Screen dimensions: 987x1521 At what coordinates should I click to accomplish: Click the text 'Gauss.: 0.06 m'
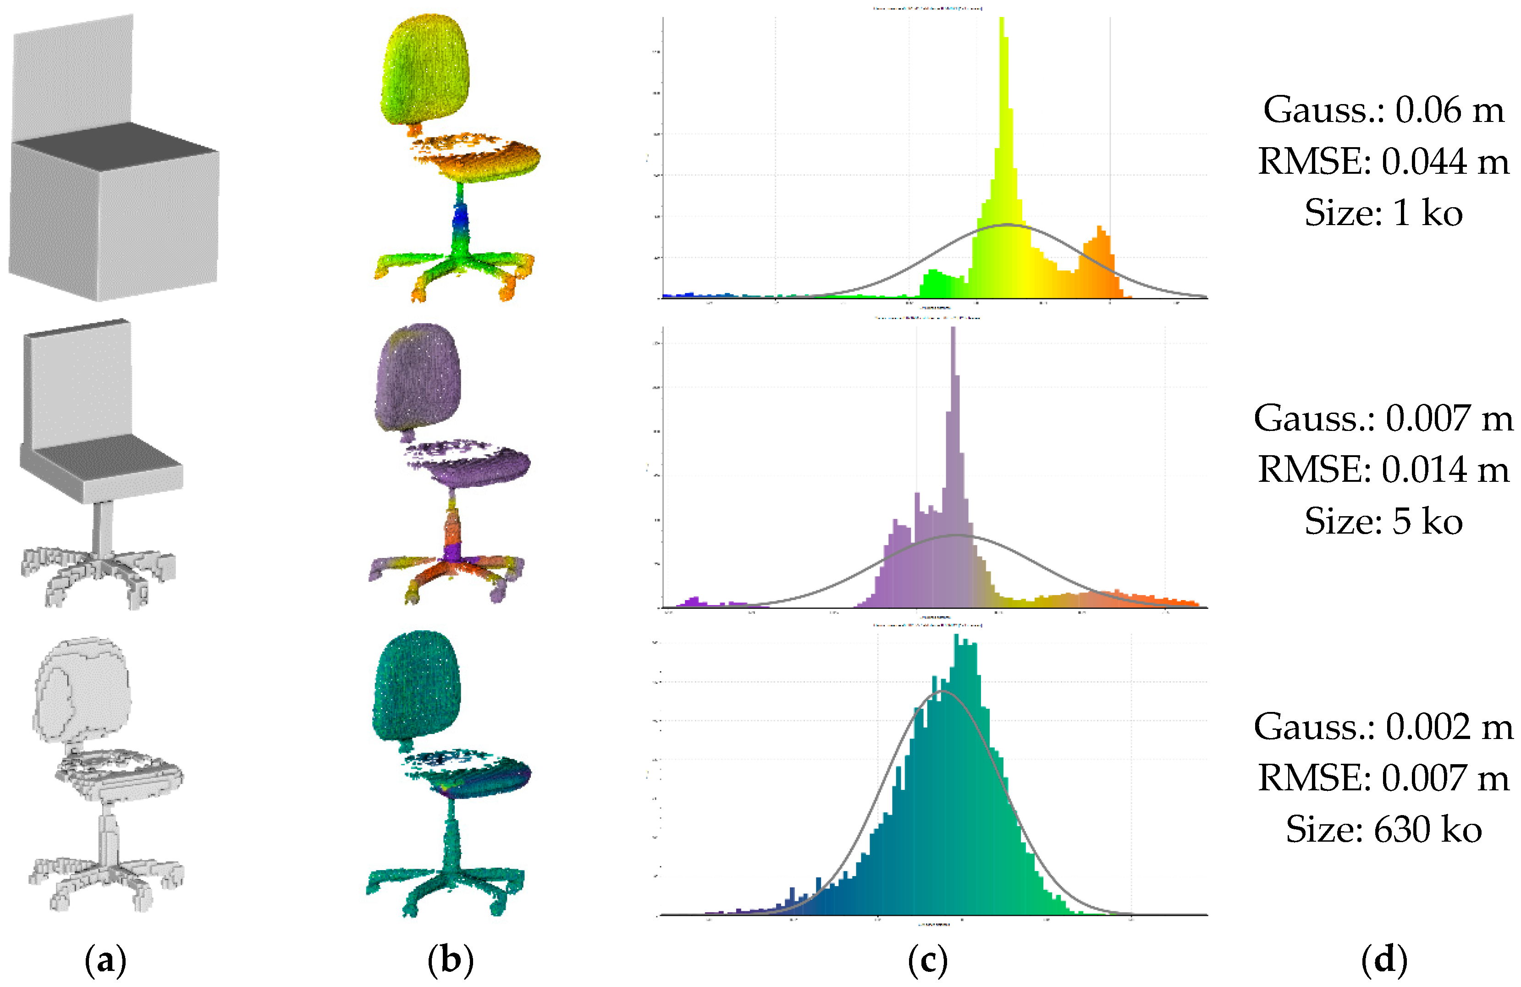coord(1383,110)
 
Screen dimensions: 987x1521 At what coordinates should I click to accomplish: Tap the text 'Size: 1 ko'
coord(1383,212)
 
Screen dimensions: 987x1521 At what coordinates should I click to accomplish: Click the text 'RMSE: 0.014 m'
coord(1383,470)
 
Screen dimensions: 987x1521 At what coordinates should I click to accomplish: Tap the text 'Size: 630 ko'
coord(1383,830)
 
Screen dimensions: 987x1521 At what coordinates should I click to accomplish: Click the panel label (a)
coord(105,960)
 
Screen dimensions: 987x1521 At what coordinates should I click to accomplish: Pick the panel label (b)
coord(451,960)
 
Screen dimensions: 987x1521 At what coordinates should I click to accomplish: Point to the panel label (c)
coord(927,960)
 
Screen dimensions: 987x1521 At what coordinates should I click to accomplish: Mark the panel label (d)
coord(1383,960)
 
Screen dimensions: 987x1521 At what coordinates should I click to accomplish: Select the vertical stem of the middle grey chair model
coord(102,527)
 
